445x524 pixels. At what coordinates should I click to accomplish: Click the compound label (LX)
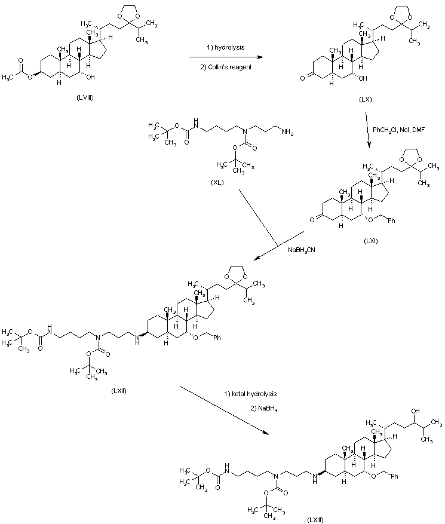tap(366, 100)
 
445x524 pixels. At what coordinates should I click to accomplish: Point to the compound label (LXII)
tap(118, 391)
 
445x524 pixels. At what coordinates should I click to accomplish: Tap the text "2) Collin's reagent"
tap(226, 67)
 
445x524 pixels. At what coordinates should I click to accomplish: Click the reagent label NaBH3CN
tap(304, 250)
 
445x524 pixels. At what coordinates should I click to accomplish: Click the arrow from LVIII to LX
tap(226, 57)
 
